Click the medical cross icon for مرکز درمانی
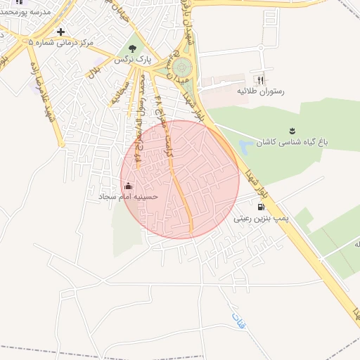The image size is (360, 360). pyautogui.click(x=60, y=32)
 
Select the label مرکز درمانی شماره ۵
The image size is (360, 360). pyautogui.click(x=60, y=43)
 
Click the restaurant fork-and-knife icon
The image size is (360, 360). pyautogui.click(x=262, y=80)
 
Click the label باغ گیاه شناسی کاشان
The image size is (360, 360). pyautogui.click(x=292, y=142)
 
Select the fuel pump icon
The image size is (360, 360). pyautogui.click(x=262, y=207)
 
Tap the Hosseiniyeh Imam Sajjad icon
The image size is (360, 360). pyautogui.click(x=128, y=186)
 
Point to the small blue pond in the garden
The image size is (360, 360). pyautogui.click(x=245, y=148)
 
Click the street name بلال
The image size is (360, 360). pyautogui.click(x=94, y=71)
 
